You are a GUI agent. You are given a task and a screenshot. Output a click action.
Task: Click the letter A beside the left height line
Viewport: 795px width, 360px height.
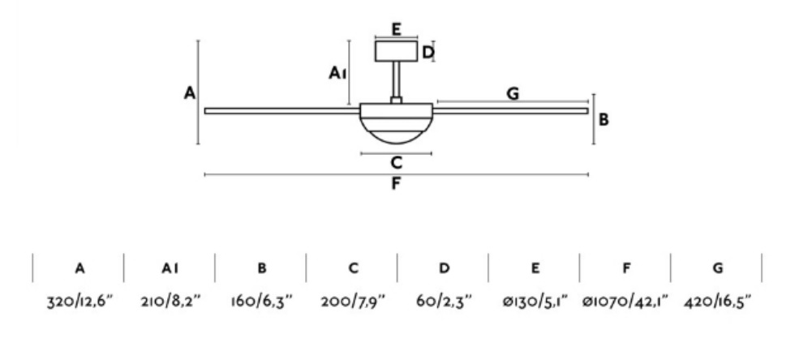[189, 93]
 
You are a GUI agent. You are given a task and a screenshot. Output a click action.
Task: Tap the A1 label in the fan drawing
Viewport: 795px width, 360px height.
[338, 74]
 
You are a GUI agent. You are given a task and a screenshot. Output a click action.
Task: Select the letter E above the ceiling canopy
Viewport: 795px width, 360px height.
[396, 29]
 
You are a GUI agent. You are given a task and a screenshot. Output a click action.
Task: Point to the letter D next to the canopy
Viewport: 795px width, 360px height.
[428, 53]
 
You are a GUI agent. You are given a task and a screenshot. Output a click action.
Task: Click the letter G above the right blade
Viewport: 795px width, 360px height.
[512, 93]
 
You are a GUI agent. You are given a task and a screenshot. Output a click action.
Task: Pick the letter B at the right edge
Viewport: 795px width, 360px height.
[604, 119]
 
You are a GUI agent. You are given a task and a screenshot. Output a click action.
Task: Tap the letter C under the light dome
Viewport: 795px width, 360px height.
[396, 162]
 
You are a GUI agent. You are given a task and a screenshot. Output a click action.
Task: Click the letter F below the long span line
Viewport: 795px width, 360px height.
[396, 183]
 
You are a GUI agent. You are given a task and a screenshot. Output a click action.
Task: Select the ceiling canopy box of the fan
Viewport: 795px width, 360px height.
[396, 52]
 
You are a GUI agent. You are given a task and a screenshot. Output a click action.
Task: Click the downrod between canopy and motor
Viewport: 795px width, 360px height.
[396, 81]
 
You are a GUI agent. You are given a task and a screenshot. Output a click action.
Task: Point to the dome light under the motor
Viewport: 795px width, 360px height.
[396, 130]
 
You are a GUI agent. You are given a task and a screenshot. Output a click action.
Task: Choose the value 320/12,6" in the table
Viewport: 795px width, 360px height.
[79, 302]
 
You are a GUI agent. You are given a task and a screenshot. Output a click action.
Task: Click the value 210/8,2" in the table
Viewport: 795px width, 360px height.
[170, 302]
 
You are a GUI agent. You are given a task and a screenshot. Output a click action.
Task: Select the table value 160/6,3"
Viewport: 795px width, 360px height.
[261, 302]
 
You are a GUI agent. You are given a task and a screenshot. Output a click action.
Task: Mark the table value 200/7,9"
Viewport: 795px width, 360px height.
[352, 302]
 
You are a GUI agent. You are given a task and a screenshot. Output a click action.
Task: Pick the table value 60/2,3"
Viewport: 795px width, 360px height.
[443, 302]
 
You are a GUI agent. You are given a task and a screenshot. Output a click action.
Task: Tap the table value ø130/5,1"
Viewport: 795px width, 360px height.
[534, 302]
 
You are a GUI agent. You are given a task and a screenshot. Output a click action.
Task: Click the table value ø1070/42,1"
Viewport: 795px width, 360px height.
[625, 302]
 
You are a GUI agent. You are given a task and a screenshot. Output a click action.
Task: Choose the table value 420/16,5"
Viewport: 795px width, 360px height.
[716, 302]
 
